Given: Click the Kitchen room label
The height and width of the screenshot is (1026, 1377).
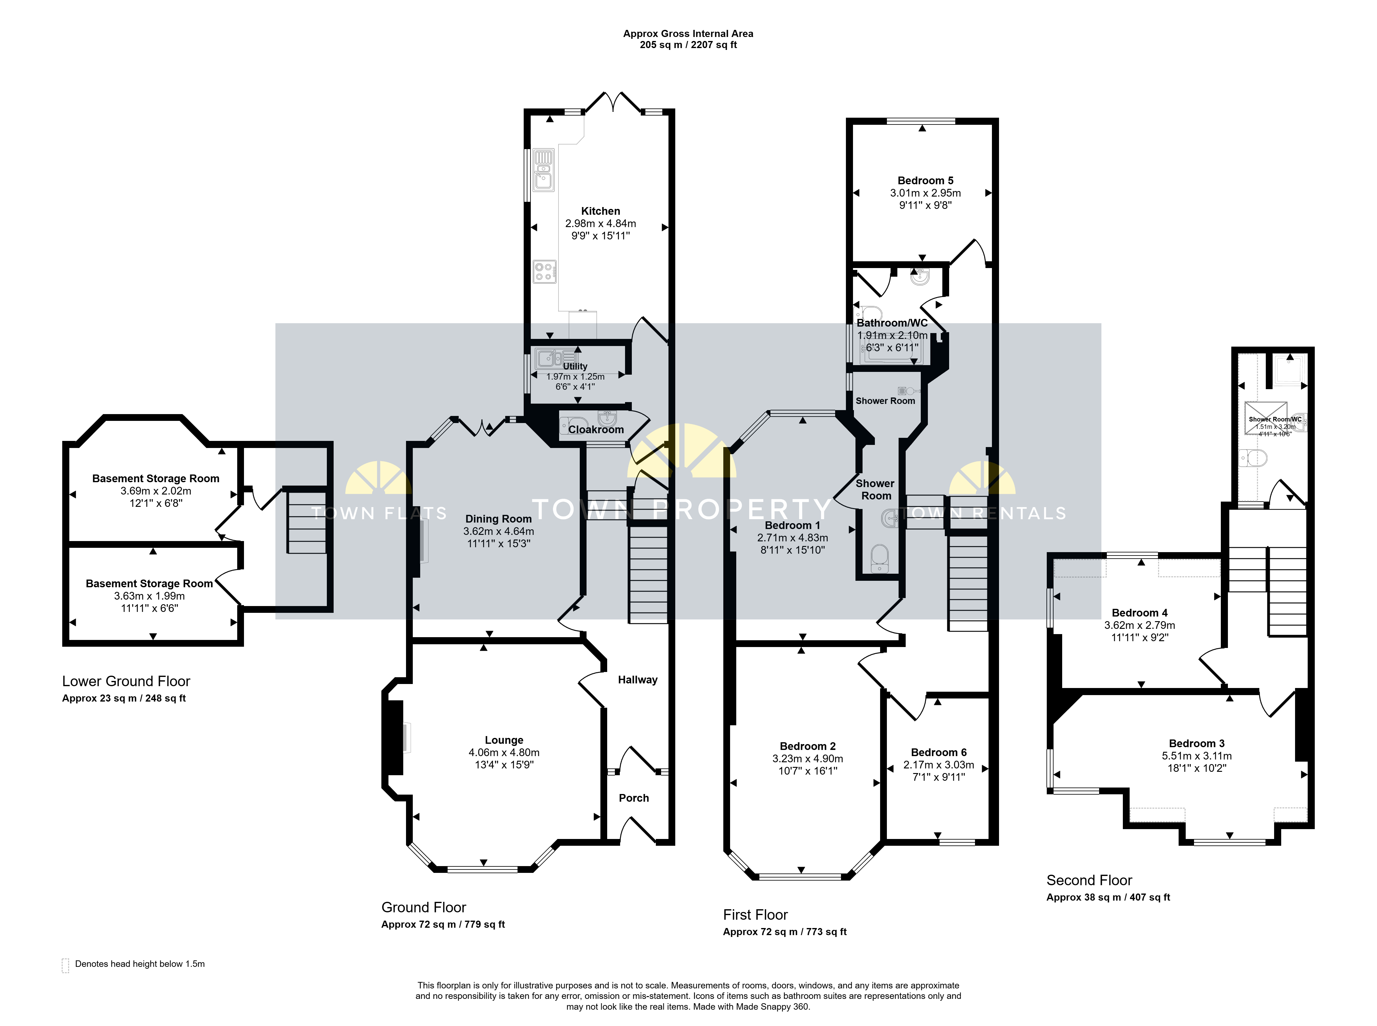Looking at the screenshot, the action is (x=600, y=211).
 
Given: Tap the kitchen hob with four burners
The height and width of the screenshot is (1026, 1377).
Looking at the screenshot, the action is (x=544, y=271).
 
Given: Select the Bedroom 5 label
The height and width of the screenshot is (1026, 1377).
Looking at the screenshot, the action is (x=925, y=181).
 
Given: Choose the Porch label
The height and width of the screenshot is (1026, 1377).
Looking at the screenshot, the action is (x=634, y=798).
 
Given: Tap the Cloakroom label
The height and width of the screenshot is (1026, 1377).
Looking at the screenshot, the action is (x=596, y=430).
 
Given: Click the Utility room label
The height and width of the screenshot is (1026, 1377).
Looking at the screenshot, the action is (x=575, y=366).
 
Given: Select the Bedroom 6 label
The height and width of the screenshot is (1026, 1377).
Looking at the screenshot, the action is (x=939, y=753).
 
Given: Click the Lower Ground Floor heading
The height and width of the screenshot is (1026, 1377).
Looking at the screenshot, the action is (x=126, y=681).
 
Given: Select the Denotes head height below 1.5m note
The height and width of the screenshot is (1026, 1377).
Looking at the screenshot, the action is (x=140, y=964).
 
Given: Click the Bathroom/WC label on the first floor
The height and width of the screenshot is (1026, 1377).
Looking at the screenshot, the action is (x=892, y=323).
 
